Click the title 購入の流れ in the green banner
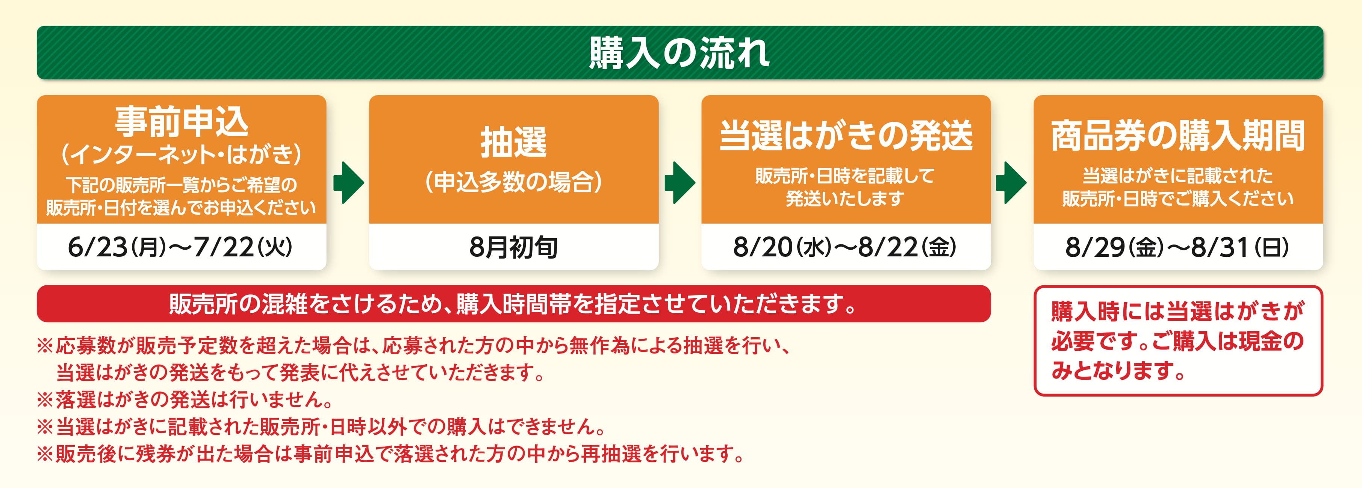pyautogui.click(x=679, y=53)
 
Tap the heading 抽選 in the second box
pyautogui.click(x=513, y=142)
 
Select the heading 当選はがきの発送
pyautogui.click(x=846, y=135)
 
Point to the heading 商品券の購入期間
pyautogui.click(x=1178, y=135)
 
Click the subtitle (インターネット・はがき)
pyautogui.click(x=182, y=155)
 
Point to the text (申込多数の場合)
pyautogui.click(x=513, y=181)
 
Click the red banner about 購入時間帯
pyautogui.click(x=513, y=303)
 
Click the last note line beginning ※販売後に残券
pyautogui.click(x=391, y=454)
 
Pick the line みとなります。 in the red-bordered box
pyautogui.click(x=1119, y=370)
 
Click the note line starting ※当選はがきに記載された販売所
pyautogui.click(x=321, y=426)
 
